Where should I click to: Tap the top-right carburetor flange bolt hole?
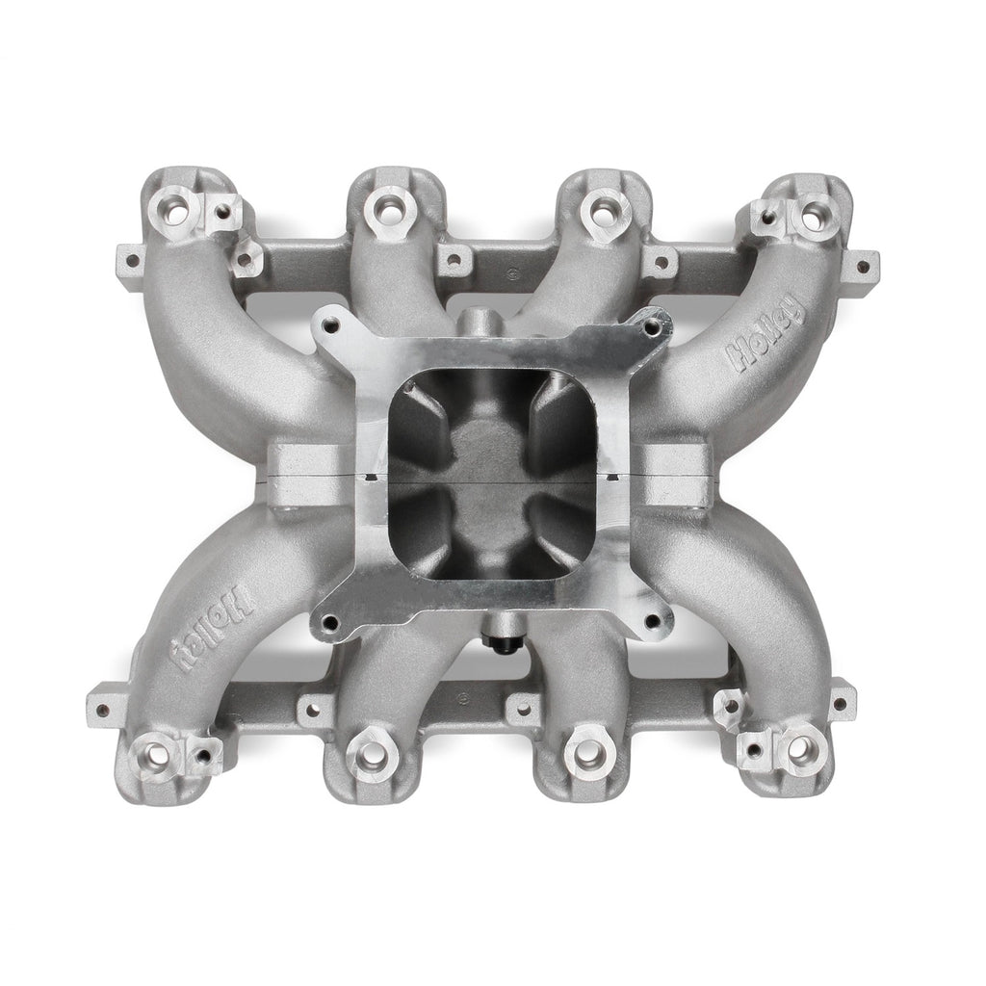pyautogui.click(x=654, y=325)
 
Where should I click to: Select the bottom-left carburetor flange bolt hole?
pyautogui.click(x=329, y=623)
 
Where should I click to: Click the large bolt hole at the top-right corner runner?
pyautogui.click(x=815, y=213)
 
